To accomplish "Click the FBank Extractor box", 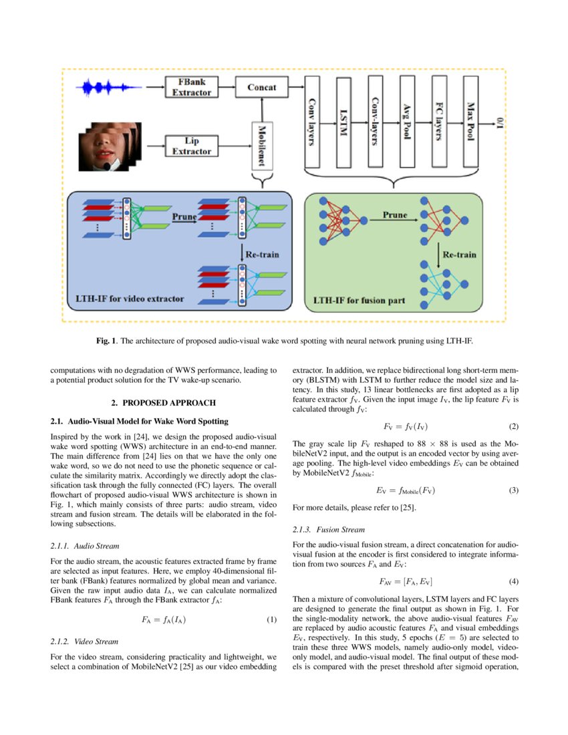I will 191,88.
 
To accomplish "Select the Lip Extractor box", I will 191,146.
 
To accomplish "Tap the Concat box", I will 262,88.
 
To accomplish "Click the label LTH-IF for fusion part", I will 359,300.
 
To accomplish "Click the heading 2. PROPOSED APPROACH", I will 164,403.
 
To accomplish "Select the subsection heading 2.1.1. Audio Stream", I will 80,546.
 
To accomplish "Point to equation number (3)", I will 513,490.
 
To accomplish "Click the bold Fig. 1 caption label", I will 106,341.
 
